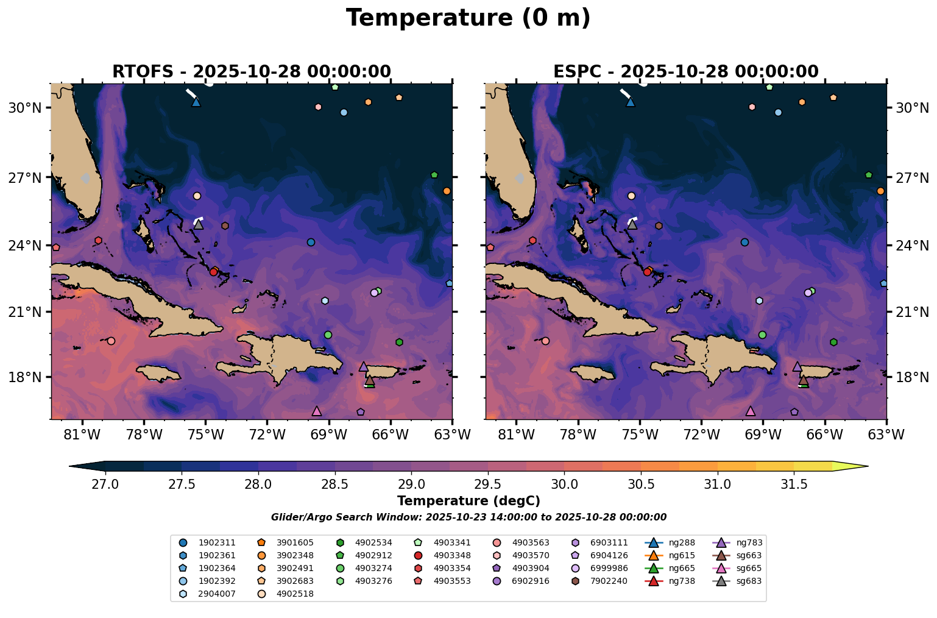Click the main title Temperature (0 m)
(468, 18)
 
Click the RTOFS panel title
(251, 72)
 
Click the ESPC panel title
(685, 72)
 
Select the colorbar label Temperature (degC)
(468, 501)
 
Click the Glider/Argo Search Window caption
(468, 517)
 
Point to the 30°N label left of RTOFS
(24, 108)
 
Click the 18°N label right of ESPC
(911, 377)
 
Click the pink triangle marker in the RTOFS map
(316, 411)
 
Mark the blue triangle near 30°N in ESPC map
(631, 102)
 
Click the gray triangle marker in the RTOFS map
(199, 224)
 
